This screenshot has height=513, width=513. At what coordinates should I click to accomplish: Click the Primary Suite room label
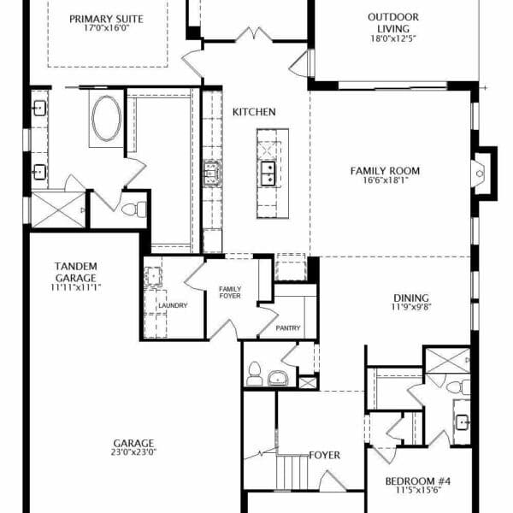[x=106, y=19]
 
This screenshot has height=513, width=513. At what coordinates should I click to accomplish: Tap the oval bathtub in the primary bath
[x=106, y=119]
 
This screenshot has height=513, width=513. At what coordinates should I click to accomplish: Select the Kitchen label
[x=254, y=112]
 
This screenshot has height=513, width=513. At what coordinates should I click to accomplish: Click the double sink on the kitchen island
[x=268, y=173]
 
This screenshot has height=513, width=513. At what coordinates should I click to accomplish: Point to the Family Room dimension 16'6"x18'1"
[x=386, y=180]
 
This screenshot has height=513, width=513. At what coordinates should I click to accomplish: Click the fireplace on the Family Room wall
[x=484, y=174]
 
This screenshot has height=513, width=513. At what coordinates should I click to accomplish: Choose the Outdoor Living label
[x=393, y=22]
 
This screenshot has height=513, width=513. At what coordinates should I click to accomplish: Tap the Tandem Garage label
[x=75, y=272]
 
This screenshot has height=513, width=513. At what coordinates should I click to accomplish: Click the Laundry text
[x=173, y=305]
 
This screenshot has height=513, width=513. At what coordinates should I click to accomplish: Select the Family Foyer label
[x=230, y=292]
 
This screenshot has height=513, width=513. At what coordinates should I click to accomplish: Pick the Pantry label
[x=288, y=327]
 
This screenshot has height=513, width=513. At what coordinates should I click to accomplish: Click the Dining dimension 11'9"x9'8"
[x=411, y=307]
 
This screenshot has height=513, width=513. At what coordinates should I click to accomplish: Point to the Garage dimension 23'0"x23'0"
[x=133, y=452]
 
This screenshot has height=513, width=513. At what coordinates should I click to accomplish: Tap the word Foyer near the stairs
[x=325, y=455]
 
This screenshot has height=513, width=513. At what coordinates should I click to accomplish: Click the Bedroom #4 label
[x=418, y=481]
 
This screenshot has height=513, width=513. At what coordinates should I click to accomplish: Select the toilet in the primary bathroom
[x=134, y=209]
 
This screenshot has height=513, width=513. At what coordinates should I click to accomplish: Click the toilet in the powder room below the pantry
[x=255, y=374]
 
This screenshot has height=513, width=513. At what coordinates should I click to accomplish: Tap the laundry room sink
[x=153, y=277]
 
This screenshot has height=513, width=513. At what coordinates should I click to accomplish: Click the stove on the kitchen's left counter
[x=212, y=174]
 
